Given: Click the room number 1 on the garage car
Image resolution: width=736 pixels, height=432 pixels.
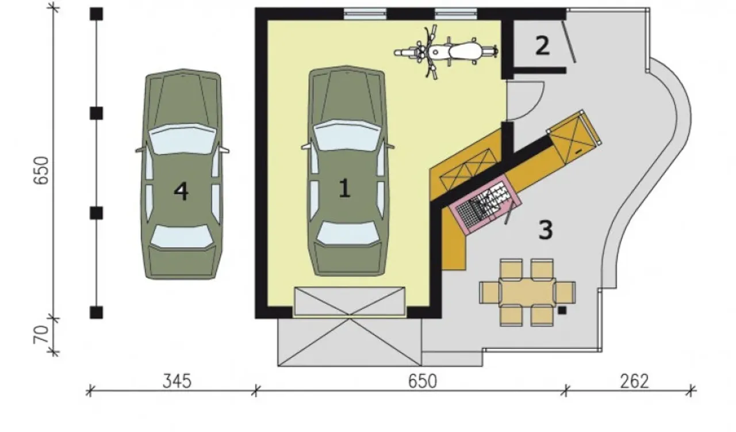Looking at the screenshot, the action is click(344, 188).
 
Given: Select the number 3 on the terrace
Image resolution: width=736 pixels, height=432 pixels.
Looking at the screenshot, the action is click(546, 230).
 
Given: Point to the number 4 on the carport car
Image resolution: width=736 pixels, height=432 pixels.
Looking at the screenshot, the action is click(181, 192).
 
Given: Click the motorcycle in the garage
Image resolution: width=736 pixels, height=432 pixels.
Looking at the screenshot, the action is click(446, 52).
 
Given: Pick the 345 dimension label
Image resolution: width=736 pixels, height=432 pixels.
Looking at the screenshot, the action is click(177, 381).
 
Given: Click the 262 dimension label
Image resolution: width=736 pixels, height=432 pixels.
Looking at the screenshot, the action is click(634, 381).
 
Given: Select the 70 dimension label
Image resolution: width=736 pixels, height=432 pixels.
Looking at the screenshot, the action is click(41, 335).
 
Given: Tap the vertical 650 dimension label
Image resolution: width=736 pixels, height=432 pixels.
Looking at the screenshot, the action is click(41, 171).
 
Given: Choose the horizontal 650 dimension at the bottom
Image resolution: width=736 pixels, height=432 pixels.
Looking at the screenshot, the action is click(423, 381).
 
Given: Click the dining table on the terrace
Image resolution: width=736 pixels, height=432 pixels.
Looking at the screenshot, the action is click(527, 293).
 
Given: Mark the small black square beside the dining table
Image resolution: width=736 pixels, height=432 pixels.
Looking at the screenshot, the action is click(562, 311).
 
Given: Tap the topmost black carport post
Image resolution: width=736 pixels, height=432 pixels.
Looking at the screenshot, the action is click(96, 14).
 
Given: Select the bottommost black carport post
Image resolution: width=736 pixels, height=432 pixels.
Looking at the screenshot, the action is click(96, 312).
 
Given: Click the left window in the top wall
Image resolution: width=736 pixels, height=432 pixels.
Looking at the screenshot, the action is click(365, 14).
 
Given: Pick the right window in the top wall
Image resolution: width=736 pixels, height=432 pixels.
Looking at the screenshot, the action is click(456, 14).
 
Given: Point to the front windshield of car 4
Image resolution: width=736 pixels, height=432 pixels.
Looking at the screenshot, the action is click(183, 139).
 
